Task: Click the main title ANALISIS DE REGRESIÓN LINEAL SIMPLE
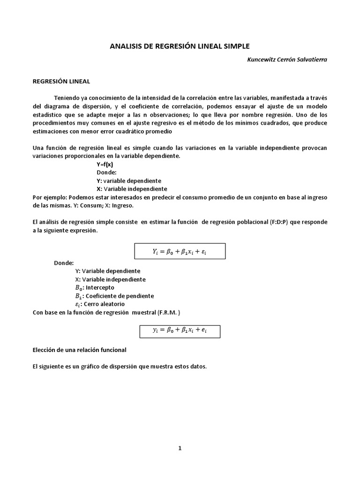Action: (x=180, y=46)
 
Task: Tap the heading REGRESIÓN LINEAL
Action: (x=61, y=81)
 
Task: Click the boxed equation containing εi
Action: (x=180, y=251)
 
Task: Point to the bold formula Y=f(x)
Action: (x=105, y=165)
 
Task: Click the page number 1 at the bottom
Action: (x=180, y=448)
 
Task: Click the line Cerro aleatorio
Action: (x=104, y=304)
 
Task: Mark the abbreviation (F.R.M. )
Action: (x=168, y=312)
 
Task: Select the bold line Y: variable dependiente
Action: (x=128, y=180)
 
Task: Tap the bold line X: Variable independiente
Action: (x=131, y=189)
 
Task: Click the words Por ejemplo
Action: (x=47, y=197)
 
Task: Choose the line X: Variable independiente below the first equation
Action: (x=110, y=279)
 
